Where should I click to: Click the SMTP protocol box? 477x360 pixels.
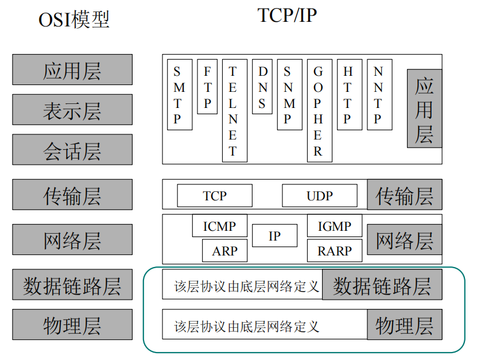(x=179, y=94)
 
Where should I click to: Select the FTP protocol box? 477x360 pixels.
(x=207, y=86)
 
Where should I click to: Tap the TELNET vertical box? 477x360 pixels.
(x=234, y=110)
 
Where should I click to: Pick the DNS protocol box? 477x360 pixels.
(x=262, y=86)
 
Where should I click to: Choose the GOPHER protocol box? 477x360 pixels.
(x=319, y=110)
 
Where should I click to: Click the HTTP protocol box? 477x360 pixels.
(x=349, y=94)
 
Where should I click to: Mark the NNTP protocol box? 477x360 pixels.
(x=378, y=94)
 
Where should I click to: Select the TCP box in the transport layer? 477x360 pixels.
(x=214, y=196)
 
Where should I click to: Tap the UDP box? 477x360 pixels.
(x=319, y=196)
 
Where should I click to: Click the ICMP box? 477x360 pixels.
(x=219, y=226)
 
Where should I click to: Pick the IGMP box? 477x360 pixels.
(x=335, y=226)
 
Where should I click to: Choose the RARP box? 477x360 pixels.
(x=335, y=251)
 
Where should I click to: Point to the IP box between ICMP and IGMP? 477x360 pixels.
(x=274, y=235)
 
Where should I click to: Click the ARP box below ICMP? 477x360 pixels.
(x=224, y=251)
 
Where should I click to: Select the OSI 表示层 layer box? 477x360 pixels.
(x=72, y=110)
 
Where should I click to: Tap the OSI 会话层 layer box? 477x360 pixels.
(x=72, y=150)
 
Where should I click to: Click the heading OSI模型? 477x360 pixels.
(x=73, y=20)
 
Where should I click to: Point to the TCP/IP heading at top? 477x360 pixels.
(x=287, y=16)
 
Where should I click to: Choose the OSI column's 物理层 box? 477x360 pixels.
(x=72, y=325)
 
